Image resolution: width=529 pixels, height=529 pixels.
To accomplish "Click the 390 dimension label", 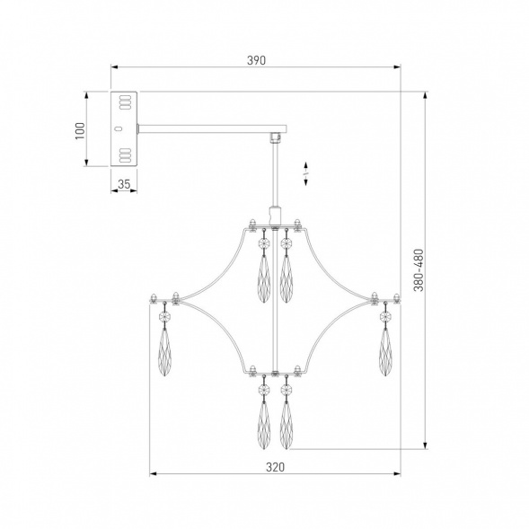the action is (x=256, y=60).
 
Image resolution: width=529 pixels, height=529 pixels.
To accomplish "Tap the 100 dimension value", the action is (x=80, y=131).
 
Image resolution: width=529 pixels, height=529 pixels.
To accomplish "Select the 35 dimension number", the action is (x=124, y=184).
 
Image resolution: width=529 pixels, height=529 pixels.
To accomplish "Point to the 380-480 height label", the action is (x=418, y=270).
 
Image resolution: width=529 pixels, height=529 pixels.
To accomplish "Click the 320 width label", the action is (x=275, y=467).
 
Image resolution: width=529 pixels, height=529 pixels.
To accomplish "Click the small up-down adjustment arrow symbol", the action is (x=305, y=173).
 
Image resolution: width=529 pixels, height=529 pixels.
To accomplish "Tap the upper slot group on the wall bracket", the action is (x=125, y=101).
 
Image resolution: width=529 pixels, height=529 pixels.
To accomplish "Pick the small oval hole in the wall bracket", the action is (x=118, y=128).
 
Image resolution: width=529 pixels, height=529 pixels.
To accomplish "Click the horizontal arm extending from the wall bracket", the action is (x=213, y=128).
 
